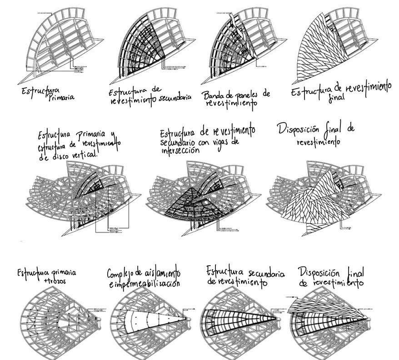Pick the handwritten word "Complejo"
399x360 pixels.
(x=122, y=274)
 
